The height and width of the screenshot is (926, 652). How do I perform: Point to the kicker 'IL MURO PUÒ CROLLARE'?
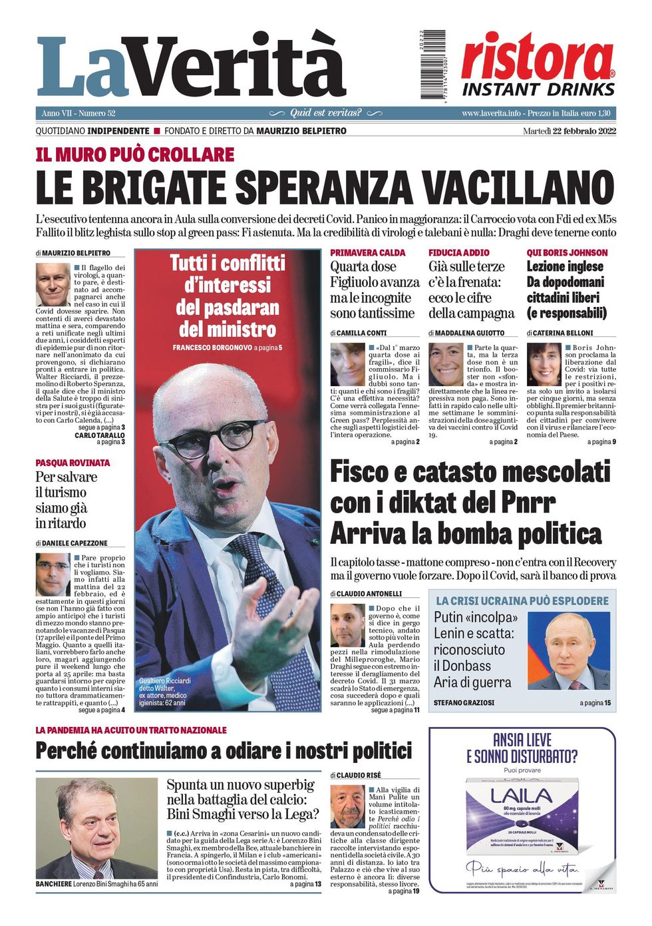[x=135, y=155]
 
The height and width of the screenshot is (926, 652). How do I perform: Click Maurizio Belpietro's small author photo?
[x=53, y=284]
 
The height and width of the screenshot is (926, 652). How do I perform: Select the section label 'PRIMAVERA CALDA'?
[x=368, y=253]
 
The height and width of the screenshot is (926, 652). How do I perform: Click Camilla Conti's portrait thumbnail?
[x=347, y=364]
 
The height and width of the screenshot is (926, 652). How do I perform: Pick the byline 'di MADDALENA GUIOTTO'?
[x=466, y=333]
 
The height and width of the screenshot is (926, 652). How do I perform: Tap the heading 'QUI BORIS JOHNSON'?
[x=567, y=253]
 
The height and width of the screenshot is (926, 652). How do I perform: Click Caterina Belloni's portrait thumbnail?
[x=544, y=364]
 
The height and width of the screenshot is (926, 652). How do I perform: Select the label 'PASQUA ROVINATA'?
[x=73, y=463]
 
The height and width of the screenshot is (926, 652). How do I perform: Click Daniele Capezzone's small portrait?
[x=53, y=574]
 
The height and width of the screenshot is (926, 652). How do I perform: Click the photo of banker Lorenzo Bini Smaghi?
[x=96, y=828]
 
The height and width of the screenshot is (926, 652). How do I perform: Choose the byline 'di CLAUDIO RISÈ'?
[x=355, y=776]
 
